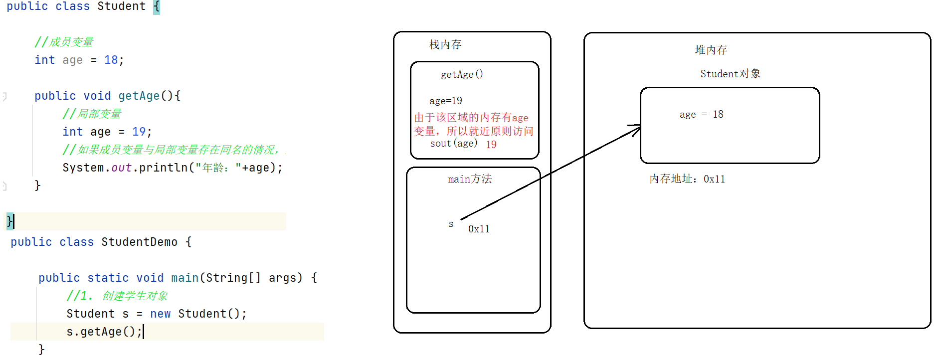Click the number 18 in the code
click(111, 60)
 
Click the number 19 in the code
click(139, 132)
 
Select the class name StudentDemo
click(139, 242)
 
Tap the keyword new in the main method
click(160, 314)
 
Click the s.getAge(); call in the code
click(104, 332)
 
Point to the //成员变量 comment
click(64, 42)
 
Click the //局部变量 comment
click(92, 114)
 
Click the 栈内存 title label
click(445, 45)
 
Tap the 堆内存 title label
click(711, 50)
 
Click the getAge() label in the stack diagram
click(462, 75)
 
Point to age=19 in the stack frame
click(445, 101)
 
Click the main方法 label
click(470, 179)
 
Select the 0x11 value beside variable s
click(479, 229)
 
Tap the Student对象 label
click(730, 74)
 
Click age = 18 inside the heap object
click(701, 115)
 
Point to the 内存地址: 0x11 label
click(687, 179)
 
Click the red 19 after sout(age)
click(491, 145)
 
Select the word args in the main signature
click(283, 278)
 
